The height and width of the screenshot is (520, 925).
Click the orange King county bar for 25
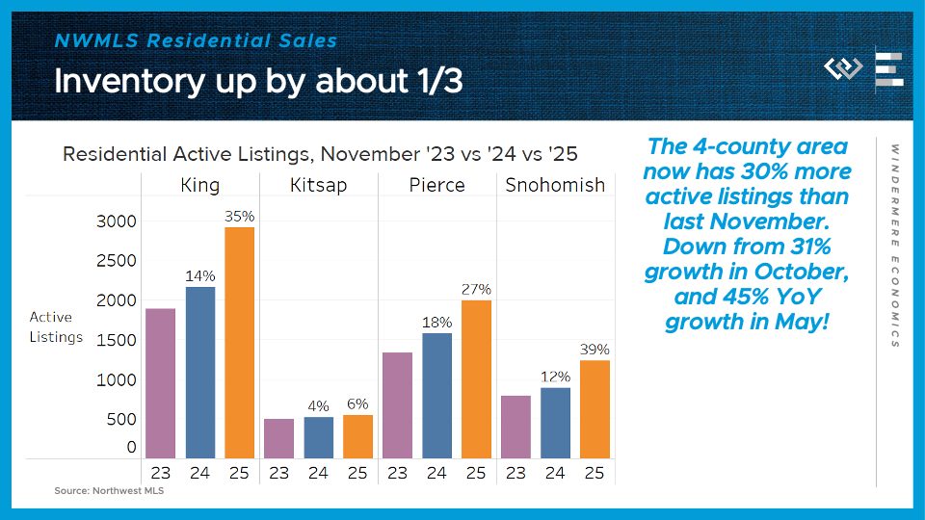coord(239,343)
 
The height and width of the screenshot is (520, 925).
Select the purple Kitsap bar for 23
coord(278,438)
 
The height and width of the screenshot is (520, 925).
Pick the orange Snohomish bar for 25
coord(595,409)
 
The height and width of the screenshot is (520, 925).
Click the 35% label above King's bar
coord(239,217)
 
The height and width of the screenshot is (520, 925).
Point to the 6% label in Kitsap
coord(357,404)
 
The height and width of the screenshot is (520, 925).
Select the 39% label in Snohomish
coord(595,350)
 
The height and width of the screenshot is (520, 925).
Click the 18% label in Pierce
coord(436,323)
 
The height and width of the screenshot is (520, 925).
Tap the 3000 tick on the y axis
coord(117,221)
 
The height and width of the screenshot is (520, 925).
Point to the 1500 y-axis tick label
coord(117,341)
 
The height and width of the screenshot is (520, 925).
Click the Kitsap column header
coord(318,185)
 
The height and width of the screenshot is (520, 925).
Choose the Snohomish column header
coord(555,185)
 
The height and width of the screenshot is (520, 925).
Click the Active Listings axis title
coord(56,326)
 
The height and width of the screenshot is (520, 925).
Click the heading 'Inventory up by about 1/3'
coord(258,82)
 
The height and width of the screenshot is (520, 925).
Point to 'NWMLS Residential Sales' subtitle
coord(196,40)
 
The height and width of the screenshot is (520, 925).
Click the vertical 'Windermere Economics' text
coord(895,246)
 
